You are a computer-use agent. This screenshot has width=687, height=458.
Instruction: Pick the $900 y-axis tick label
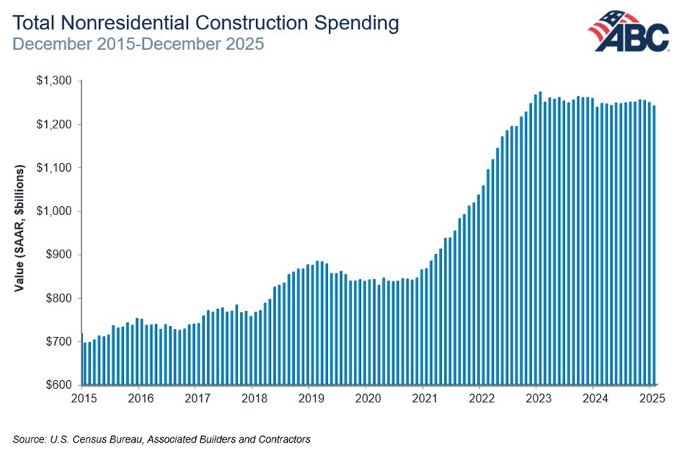[x=57, y=255]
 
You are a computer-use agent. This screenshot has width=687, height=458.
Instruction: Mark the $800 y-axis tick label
[x=57, y=298]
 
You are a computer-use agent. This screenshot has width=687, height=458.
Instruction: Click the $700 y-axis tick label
[x=57, y=342]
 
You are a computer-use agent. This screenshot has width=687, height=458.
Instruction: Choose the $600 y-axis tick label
[x=57, y=385]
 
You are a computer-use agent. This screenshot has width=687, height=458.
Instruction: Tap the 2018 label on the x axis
[x=252, y=399]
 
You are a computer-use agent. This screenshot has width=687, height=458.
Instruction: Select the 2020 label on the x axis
[x=366, y=399]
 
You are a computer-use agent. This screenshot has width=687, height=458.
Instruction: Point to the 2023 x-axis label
[x=536, y=399]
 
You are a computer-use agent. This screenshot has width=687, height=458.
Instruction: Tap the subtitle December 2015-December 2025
[x=138, y=43]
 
